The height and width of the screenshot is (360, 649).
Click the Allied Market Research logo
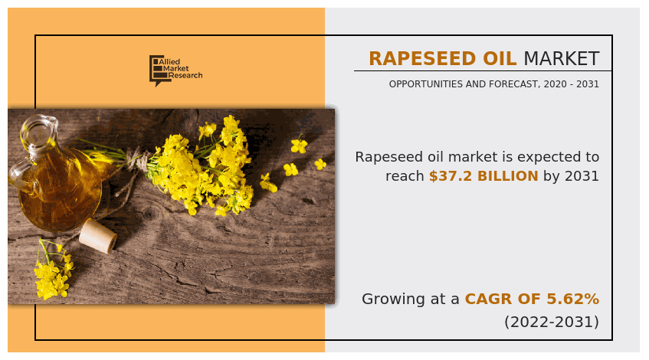[x=175, y=70]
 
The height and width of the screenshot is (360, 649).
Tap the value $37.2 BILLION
[x=483, y=176]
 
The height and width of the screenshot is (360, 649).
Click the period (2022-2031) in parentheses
[x=552, y=322]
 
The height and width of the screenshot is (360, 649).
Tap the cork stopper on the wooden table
[x=98, y=235]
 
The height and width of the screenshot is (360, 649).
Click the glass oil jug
[x=54, y=180]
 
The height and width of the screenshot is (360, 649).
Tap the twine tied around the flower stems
[x=139, y=161]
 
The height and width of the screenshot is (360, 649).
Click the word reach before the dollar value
[x=405, y=176]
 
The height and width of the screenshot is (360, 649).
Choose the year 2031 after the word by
[x=582, y=176]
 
